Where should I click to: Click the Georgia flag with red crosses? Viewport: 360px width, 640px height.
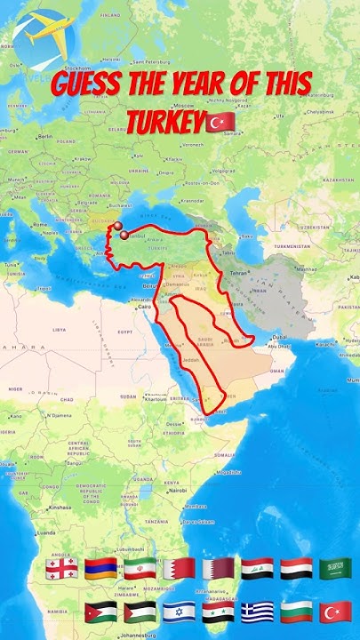60,569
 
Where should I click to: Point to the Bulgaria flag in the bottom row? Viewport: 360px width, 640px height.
296,612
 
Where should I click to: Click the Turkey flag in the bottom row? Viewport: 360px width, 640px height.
335,612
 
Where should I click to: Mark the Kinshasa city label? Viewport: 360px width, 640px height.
61,507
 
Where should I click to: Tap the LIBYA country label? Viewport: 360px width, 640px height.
60,330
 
